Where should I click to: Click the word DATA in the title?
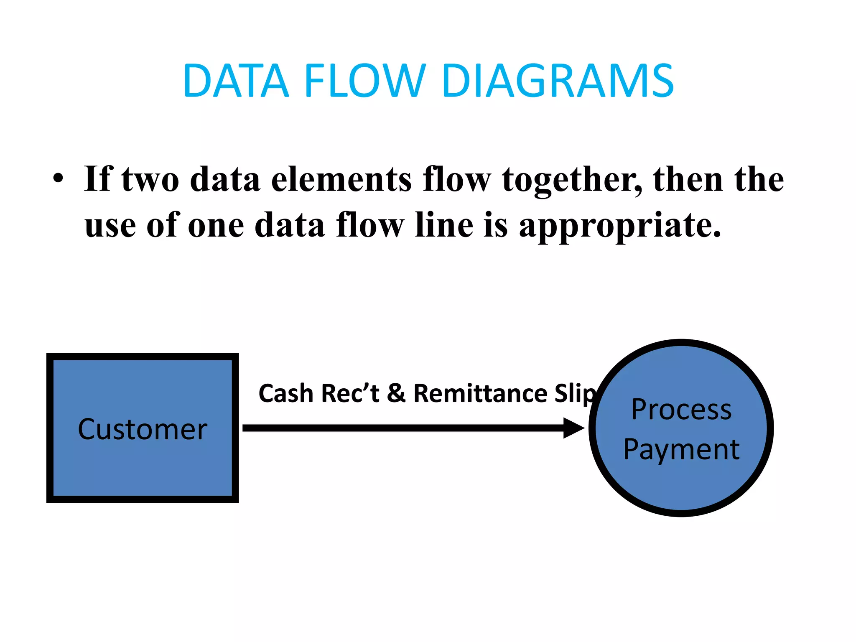[236, 81]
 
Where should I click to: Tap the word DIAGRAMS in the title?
[558, 81]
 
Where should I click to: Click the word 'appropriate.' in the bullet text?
[620, 226]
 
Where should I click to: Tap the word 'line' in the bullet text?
[445, 225]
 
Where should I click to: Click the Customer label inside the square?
[143, 429]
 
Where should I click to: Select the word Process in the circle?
[681, 409]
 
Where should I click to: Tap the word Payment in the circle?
[681, 450]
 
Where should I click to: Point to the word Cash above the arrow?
[285, 393]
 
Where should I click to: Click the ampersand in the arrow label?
[396, 393]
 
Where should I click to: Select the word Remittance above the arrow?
[480, 393]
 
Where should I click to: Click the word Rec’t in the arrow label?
[350, 393]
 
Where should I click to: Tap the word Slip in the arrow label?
[575, 394]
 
